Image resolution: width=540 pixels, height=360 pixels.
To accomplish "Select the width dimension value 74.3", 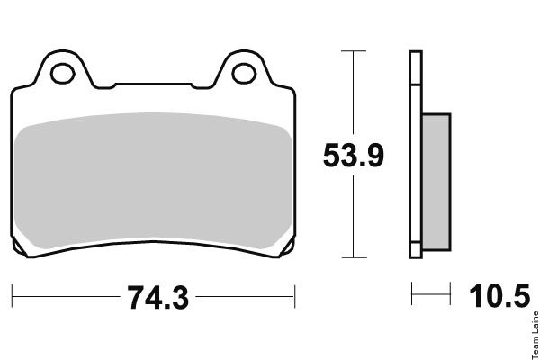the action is coord(158,297).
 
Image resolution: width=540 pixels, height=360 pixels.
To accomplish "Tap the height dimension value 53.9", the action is coord(354,156).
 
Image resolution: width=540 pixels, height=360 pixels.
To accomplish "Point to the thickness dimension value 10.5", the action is coord(499,295).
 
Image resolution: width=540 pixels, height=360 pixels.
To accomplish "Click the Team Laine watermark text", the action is coord(535,335).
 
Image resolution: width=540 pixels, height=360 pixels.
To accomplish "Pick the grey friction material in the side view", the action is coord(436,182).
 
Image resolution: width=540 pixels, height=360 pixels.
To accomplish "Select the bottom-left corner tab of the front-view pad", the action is coord(18,247).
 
